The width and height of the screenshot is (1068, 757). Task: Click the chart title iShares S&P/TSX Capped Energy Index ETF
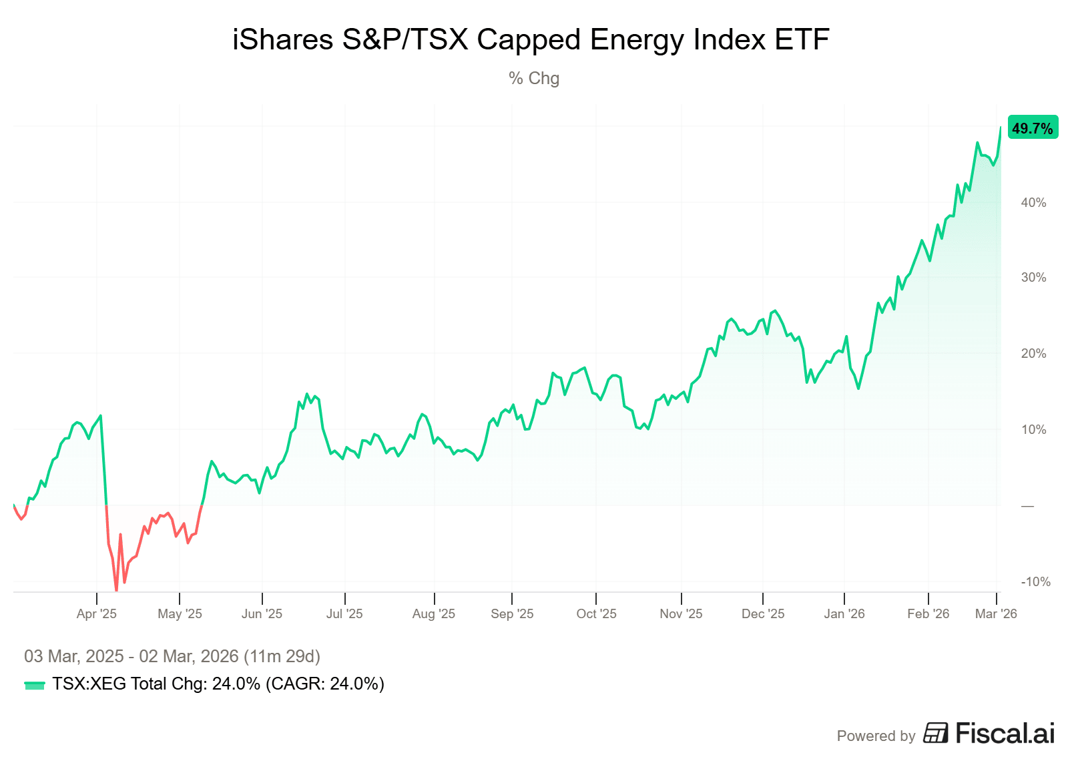point(531,39)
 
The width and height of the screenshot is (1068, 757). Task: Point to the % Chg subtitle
point(533,78)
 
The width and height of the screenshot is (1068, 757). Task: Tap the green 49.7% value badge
point(1032,128)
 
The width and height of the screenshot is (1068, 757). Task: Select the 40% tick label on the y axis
point(1033,202)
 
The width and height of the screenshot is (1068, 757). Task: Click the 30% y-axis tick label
point(1033,278)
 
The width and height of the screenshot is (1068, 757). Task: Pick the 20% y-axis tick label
point(1033,353)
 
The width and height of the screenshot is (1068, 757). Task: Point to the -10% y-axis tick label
point(1035,581)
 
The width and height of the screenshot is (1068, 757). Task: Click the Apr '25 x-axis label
point(97,613)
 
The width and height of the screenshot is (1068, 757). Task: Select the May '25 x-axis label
point(180,613)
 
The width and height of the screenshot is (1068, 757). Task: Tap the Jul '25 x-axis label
point(344,613)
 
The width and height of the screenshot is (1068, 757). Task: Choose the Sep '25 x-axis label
point(512,613)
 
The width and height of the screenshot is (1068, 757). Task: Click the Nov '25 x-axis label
point(681,613)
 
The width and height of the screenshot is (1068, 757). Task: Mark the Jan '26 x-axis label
point(844,613)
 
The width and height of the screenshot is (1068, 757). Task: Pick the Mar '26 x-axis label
point(996,613)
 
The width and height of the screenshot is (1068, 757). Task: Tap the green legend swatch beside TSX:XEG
point(35,685)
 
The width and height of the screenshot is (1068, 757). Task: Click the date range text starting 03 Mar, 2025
point(172,656)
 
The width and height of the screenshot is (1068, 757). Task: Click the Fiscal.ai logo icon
point(936,733)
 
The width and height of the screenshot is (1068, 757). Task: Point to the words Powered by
point(876,736)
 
